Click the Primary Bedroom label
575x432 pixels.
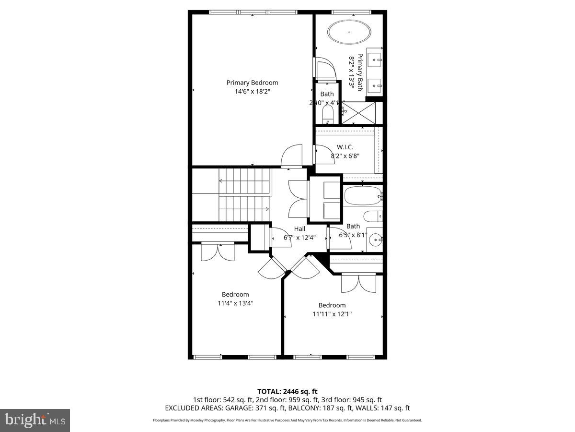click(x=252, y=83)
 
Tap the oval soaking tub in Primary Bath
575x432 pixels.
click(x=349, y=32)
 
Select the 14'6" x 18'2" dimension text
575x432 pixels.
click(x=252, y=92)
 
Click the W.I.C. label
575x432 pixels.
click(x=345, y=147)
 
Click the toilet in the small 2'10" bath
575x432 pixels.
click(x=327, y=114)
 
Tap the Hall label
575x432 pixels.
click(x=299, y=229)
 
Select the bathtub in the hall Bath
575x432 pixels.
click(x=362, y=196)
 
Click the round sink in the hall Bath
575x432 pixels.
click(x=375, y=239)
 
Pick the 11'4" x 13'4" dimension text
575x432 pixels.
click(x=235, y=303)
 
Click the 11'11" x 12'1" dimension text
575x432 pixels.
click(x=332, y=314)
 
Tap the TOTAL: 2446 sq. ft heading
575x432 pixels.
click(x=287, y=392)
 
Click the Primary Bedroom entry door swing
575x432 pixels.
click(x=291, y=156)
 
